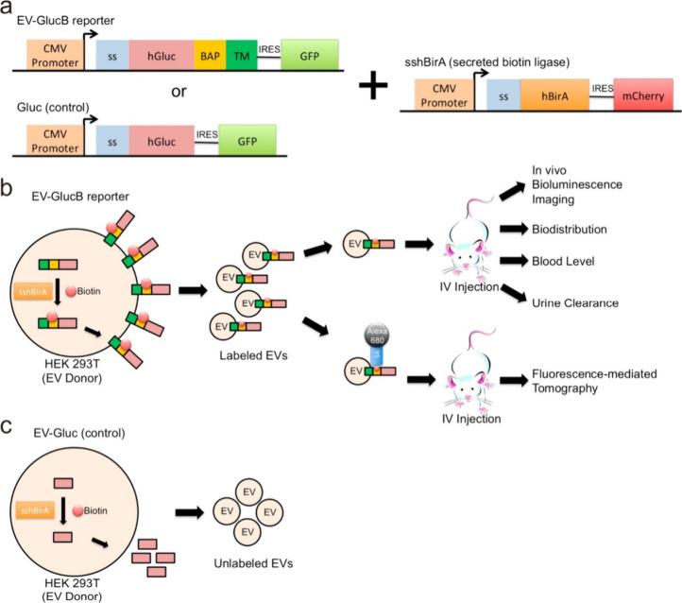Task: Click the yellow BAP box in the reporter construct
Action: pos(210,57)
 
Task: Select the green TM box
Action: pos(239,57)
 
